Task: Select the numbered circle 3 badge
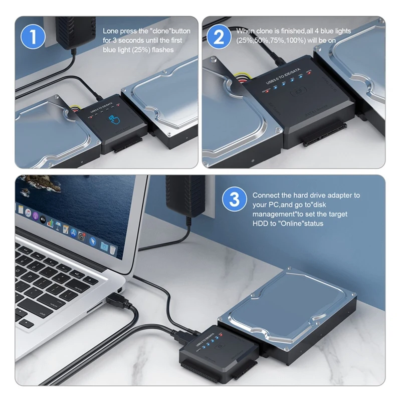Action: pos(234,199)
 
